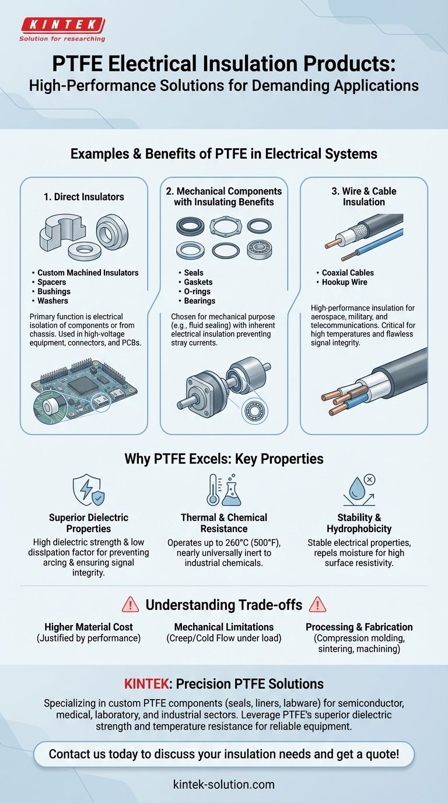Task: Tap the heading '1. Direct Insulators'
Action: [83, 197]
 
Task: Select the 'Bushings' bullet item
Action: [54, 291]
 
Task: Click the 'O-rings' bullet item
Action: [197, 291]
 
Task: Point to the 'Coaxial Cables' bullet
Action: [348, 273]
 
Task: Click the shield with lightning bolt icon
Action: [88, 490]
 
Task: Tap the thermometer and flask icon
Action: [223, 490]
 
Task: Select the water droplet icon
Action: [358, 490]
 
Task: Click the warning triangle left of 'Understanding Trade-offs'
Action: [131, 604]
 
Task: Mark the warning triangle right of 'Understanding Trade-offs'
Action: [317, 604]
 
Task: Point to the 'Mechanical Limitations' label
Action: [224, 627]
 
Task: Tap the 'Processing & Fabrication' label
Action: [359, 627]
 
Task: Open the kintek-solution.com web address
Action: [224, 784]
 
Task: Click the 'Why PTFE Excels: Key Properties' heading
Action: [224, 459]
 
